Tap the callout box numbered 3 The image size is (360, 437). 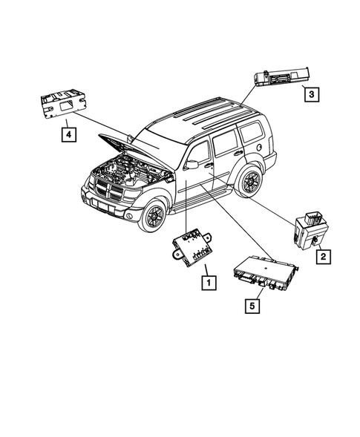(x=312, y=93)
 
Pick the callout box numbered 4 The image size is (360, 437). (x=68, y=134)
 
